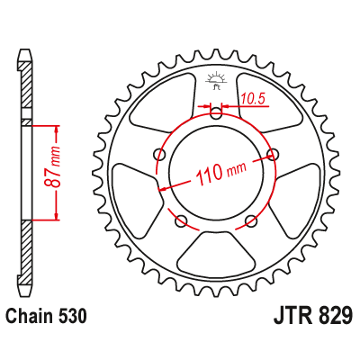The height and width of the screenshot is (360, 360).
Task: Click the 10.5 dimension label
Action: click(254, 98)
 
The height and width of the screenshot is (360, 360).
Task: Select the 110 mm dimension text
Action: click(221, 174)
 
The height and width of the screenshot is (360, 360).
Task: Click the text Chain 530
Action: click(47, 316)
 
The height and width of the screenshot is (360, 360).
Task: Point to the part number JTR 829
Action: click(312, 316)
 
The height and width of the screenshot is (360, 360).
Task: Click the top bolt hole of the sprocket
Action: click(216, 113)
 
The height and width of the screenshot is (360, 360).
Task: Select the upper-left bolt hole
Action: click(159, 155)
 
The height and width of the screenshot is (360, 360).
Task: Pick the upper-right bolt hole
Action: click(273, 154)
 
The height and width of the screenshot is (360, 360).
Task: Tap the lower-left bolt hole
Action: click(181, 221)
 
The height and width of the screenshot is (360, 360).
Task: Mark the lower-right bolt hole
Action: click(251, 221)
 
